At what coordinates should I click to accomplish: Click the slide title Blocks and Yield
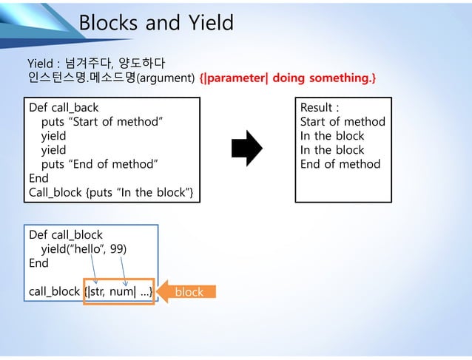(155, 23)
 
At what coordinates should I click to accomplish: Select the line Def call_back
(63, 108)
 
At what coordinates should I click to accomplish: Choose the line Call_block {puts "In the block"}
(111, 192)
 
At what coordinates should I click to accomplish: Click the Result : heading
(319, 108)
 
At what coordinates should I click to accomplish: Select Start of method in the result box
(343, 122)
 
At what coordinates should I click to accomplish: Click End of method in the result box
(340, 164)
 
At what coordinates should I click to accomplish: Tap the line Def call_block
(65, 235)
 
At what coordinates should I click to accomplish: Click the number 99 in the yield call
(118, 249)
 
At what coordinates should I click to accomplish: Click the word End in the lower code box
(38, 263)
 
